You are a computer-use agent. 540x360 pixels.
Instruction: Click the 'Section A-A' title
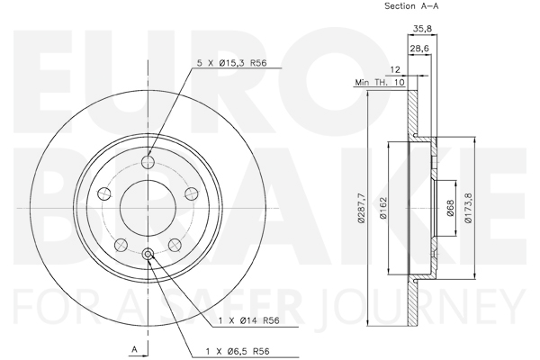(x=411, y=6)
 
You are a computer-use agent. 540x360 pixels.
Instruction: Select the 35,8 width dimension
(x=422, y=28)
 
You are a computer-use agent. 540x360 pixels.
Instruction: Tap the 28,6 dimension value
(x=419, y=49)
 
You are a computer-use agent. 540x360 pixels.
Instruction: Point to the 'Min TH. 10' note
(x=380, y=82)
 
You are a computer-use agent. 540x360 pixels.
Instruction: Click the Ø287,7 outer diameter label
(x=361, y=209)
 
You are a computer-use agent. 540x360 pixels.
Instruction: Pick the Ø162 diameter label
(x=383, y=208)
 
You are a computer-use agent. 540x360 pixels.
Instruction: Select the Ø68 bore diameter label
(x=451, y=209)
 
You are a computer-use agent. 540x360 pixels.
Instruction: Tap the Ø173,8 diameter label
(x=468, y=208)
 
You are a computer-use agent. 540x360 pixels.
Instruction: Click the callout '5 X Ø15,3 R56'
(x=232, y=63)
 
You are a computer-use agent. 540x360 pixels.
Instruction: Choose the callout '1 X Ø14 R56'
(x=249, y=320)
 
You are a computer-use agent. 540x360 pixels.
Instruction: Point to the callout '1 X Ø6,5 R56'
(x=238, y=351)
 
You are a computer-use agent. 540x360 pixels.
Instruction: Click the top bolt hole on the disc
(x=148, y=161)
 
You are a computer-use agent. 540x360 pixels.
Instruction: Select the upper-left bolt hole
(x=104, y=193)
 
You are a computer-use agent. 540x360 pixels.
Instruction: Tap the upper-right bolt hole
(x=192, y=193)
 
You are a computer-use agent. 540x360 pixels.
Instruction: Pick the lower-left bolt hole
(x=121, y=245)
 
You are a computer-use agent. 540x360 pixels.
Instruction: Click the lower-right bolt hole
(x=175, y=245)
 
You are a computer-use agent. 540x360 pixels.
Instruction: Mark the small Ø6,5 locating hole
(x=148, y=254)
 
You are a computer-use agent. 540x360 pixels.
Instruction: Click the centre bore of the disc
(x=148, y=208)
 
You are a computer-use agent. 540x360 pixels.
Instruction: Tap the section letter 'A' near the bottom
(x=135, y=350)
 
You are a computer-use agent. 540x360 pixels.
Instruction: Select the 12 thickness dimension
(x=395, y=70)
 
